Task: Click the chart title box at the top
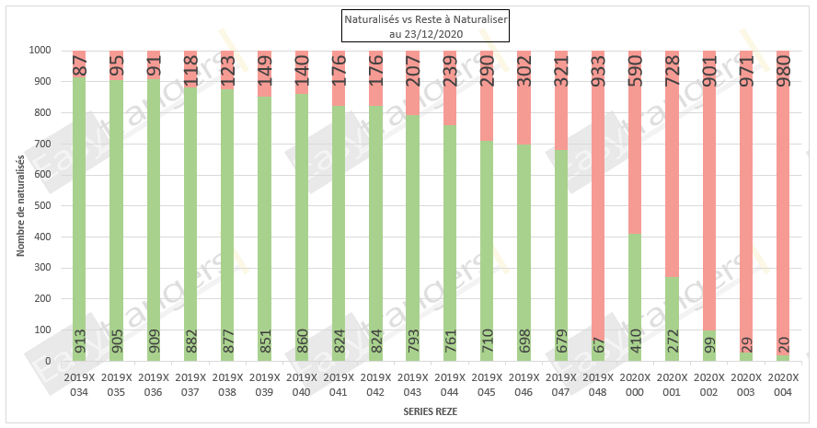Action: click(408, 27)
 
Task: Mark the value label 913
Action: click(80, 341)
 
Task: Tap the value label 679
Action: click(561, 341)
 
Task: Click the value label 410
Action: click(635, 341)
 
